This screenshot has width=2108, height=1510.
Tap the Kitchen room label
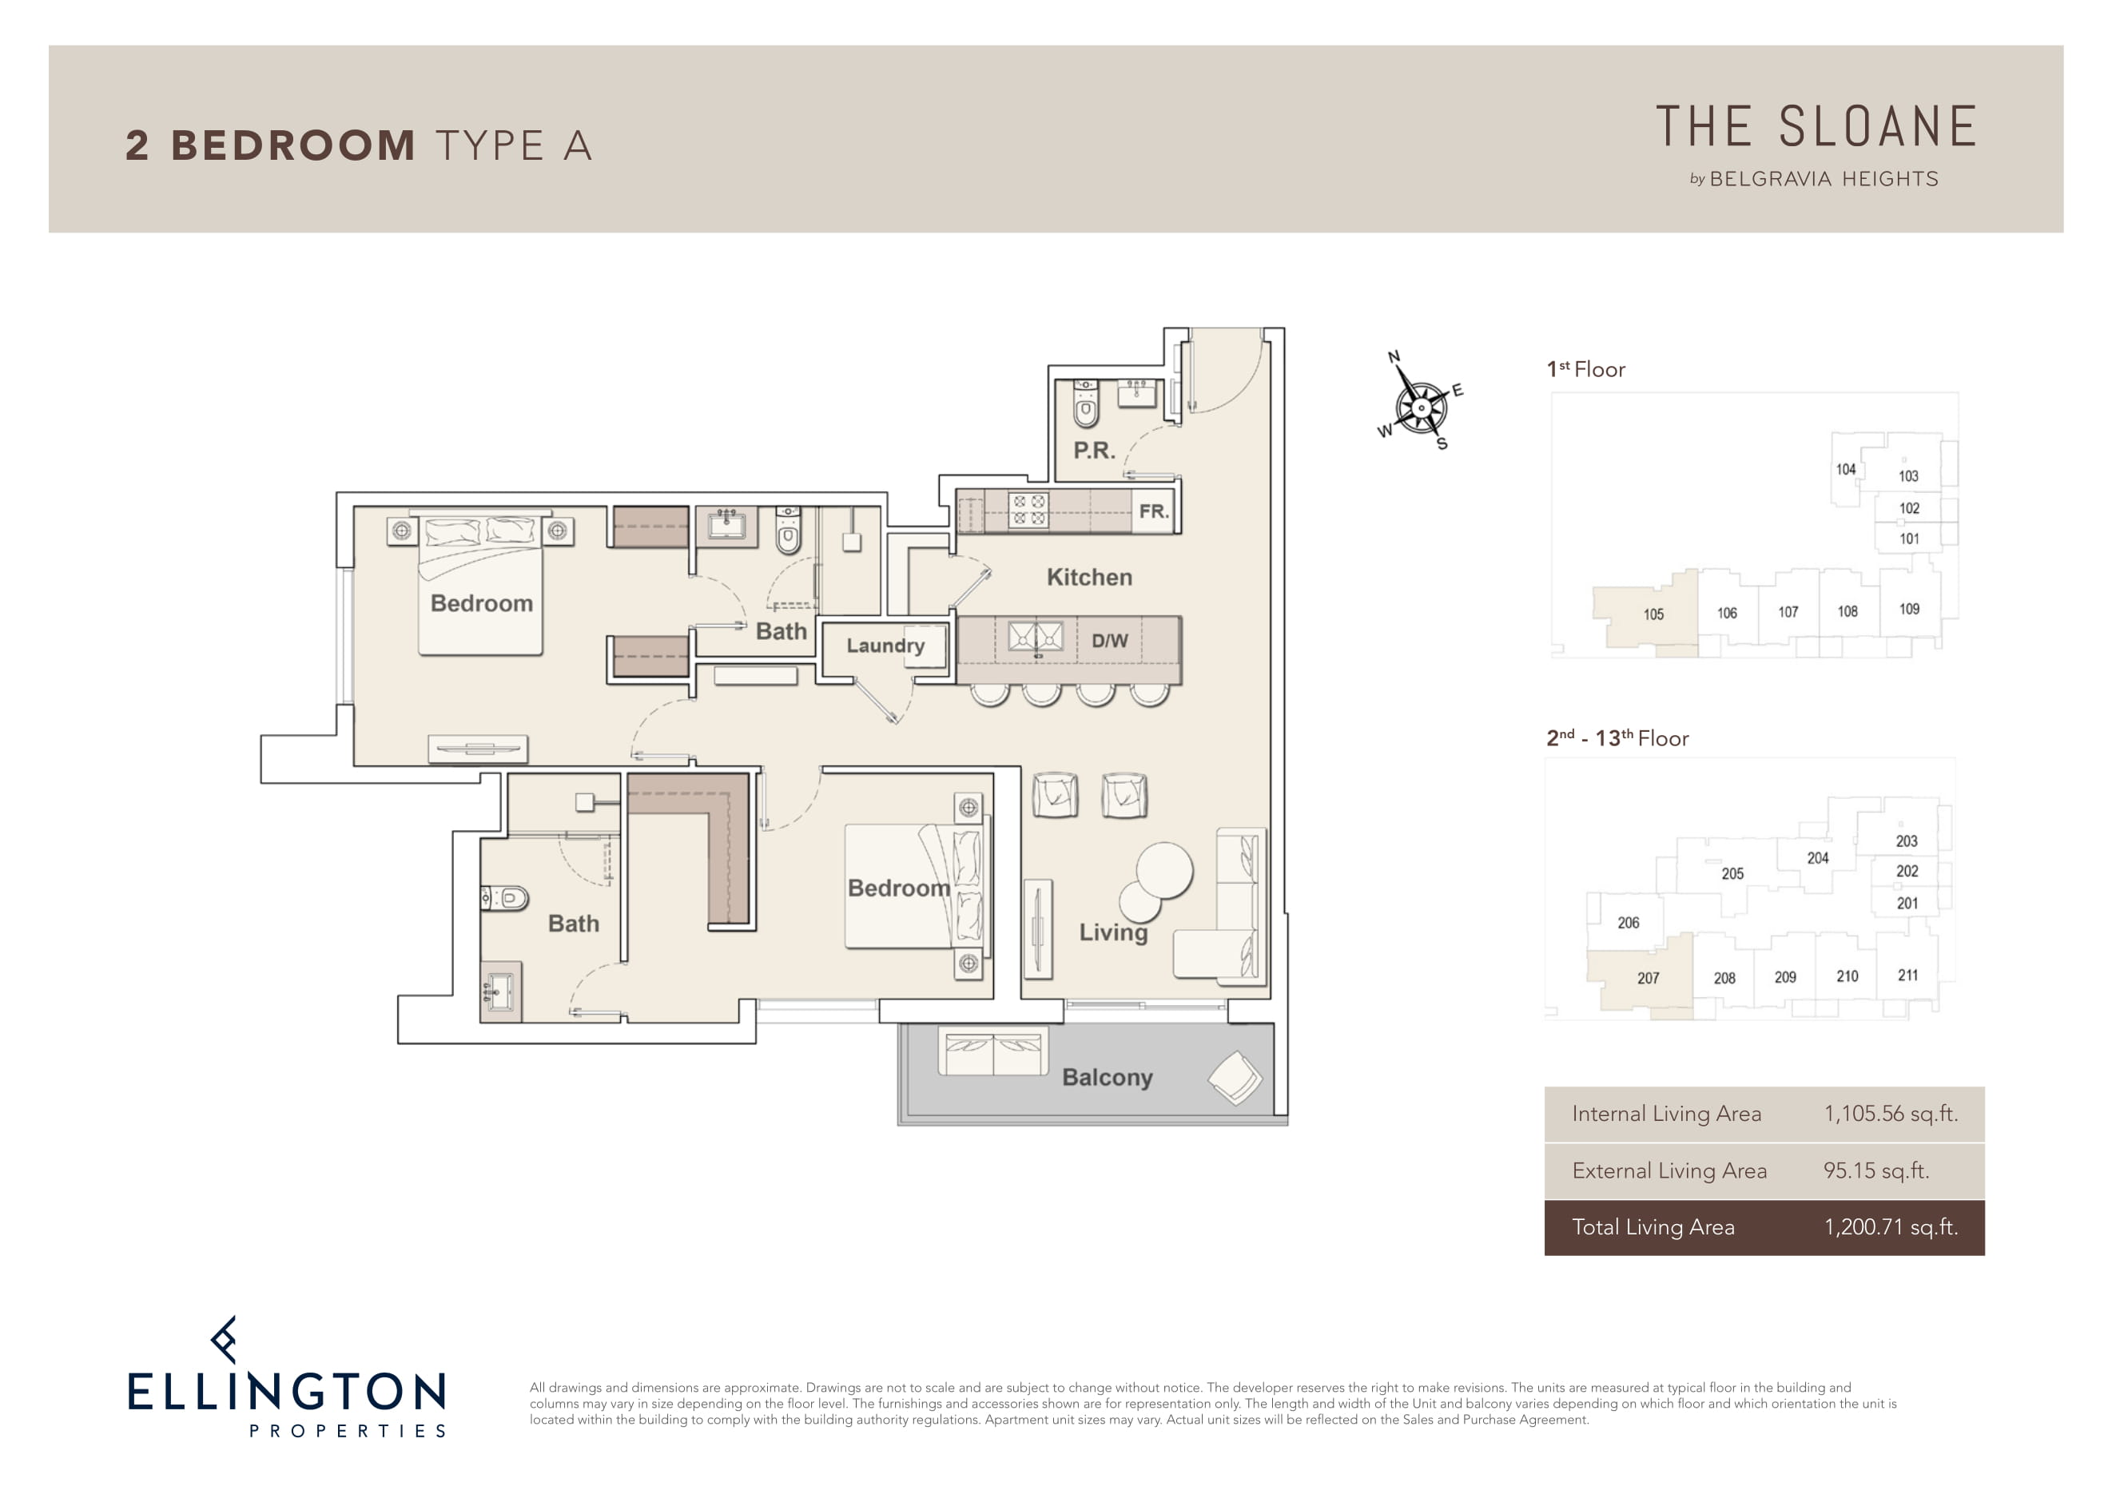click(x=1089, y=577)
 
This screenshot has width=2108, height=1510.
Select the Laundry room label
click(x=885, y=645)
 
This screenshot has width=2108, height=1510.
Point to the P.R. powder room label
click(x=1094, y=451)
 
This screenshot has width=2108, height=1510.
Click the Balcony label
click(x=1107, y=1077)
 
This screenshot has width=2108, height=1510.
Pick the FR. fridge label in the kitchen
click(x=1153, y=511)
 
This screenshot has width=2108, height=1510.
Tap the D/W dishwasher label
click(x=1110, y=640)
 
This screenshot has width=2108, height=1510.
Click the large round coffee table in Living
click(x=1164, y=870)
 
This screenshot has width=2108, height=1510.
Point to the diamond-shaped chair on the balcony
click(x=1235, y=1077)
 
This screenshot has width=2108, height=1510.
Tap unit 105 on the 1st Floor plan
click(x=1653, y=614)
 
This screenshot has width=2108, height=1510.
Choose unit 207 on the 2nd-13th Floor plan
click(x=1648, y=978)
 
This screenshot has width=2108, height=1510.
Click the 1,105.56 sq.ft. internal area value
click(x=1891, y=1113)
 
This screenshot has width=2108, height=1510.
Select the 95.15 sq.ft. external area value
click(x=1875, y=1170)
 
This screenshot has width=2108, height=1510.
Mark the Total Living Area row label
click(x=1653, y=1226)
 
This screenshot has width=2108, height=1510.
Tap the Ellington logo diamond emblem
click(x=224, y=1339)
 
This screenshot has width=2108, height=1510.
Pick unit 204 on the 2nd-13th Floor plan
click(x=1817, y=858)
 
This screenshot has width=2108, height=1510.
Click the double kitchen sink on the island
click(x=1036, y=637)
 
